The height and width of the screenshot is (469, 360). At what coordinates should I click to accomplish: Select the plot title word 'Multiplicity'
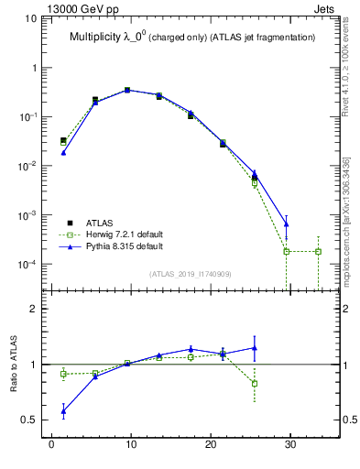98,38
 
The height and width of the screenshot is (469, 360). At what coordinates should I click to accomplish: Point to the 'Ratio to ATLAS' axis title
13,365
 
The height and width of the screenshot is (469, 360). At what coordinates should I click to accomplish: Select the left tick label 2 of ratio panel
34,310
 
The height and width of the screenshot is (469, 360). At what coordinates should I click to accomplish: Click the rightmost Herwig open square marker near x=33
318,251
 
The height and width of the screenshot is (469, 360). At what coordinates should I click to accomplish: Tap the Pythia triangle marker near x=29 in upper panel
286,224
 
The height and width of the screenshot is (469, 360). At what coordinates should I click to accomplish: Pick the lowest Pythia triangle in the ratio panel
63,412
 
